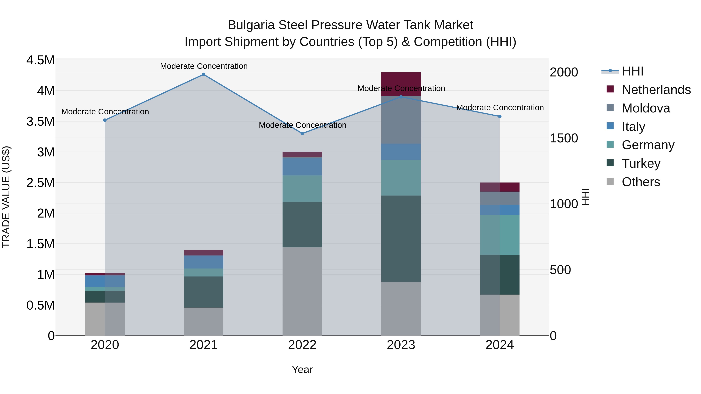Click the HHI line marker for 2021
coord(203,75)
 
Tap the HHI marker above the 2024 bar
coord(500,116)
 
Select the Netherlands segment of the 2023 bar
coord(401,84)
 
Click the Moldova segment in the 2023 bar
coord(401,120)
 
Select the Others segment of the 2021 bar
coord(203,321)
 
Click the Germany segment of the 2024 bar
coord(500,235)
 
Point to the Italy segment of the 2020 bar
coord(105,281)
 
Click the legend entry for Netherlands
coord(656,90)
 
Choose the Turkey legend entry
coord(641,163)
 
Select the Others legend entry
coord(641,182)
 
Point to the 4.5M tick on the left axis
coord(40,60)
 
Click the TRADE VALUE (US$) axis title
coord(6,197)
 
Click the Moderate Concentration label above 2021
coord(203,66)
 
